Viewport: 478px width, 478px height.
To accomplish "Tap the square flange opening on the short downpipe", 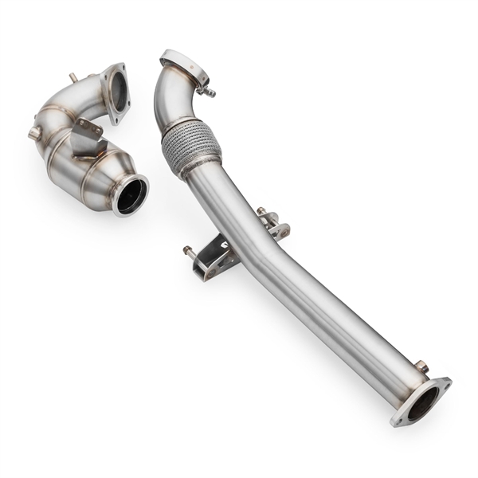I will pyautogui.click(x=117, y=90).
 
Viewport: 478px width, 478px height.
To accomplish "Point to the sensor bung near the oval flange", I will pyautogui.click(x=421, y=366).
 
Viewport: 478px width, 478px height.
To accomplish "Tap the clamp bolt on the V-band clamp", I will pyautogui.click(x=209, y=92).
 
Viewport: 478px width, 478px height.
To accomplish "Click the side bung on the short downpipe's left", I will pyautogui.click(x=34, y=133).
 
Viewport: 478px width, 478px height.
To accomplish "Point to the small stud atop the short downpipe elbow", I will pyautogui.click(x=73, y=78).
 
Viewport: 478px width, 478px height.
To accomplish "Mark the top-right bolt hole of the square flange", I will pyautogui.click(x=121, y=69).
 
